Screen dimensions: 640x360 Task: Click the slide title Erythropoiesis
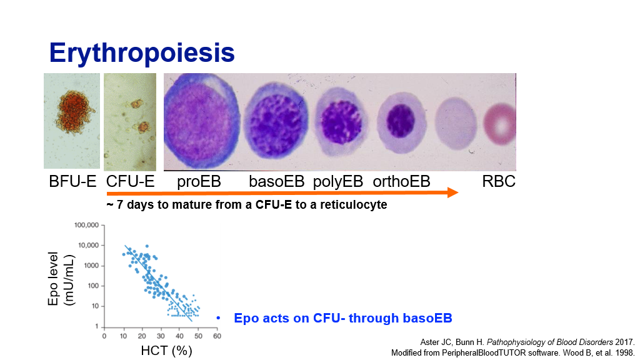point(142,54)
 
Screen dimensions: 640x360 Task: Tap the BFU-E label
point(72,181)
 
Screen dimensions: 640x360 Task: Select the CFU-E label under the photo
point(131,181)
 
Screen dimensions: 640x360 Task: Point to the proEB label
point(199,182)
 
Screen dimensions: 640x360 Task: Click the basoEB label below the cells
point(277,181)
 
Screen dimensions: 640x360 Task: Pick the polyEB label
point(338,182)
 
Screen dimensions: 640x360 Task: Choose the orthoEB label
point(402,181)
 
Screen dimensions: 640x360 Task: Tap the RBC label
point(499,181)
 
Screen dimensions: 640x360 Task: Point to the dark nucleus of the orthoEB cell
point(401,121)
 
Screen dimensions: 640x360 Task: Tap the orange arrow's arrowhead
point(453,192)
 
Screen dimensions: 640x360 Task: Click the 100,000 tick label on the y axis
point(86,225)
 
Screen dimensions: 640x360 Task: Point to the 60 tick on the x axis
point(217,336)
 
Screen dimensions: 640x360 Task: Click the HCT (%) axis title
point(166,350)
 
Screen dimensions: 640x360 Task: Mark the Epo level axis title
point(53,279)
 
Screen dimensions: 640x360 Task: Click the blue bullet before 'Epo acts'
point(218,318)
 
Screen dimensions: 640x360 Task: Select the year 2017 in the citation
point(624,342)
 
